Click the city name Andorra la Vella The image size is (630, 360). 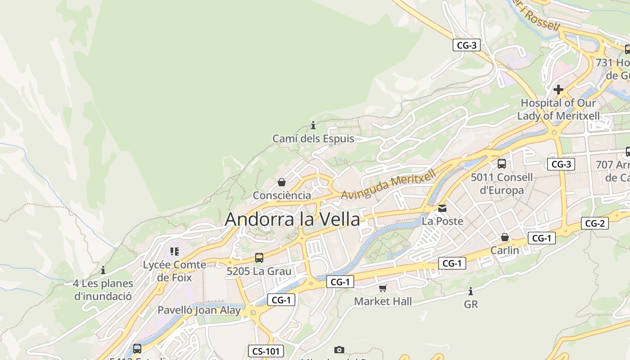click(x=292, y=219)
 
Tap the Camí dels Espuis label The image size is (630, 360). click(x=313, y=139)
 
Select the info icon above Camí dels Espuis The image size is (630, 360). click(x=313, y=125)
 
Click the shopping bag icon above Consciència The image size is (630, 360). click(x=282, y=182)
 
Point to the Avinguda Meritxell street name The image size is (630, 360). click(x=389, y=184)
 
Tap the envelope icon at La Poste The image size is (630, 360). click(x=442, y=208)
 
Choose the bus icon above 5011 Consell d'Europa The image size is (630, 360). click(x=502, y=164)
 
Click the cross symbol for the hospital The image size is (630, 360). click(x=558, y=90)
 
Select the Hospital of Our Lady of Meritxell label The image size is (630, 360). click(x=558, y=109)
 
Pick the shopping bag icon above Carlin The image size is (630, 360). click(x=505, y=237)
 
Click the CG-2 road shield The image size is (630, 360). click(x=594, y=223)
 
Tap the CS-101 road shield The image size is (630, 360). click(x=265, y=351)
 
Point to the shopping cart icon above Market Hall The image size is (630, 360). click(x=382, y=288)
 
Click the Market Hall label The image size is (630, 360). click(x=383, y=301)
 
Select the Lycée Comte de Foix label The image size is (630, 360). click(x=175, y=271)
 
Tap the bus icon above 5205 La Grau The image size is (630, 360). click(x=259, y=258)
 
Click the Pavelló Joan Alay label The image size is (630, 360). click(x=199, y=310)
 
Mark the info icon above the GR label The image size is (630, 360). click(x=471, y=291)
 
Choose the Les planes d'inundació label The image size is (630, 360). click(x=103, y=290)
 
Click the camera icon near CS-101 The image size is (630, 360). click(x=339, y=350)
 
